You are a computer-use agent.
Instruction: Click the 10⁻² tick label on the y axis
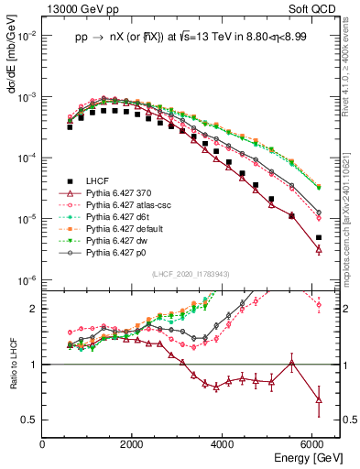coord(27,36)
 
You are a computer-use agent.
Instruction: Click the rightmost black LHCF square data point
coord(319,238)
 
